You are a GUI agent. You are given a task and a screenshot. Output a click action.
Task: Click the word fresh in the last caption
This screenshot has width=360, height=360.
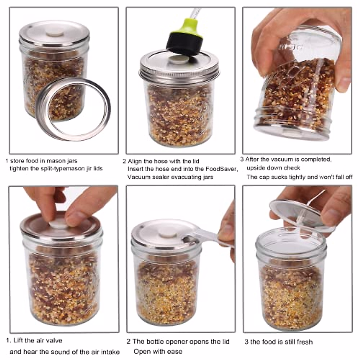click(304, 342)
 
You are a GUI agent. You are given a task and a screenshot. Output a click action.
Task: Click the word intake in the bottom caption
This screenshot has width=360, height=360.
click(110, 352)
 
